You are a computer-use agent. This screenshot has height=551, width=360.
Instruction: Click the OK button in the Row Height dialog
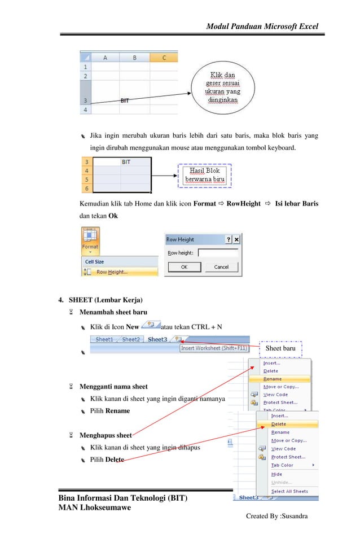[184, 267]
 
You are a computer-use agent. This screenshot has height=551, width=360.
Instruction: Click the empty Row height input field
[218, 253]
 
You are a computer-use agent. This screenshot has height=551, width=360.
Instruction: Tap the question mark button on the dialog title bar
[229, 239]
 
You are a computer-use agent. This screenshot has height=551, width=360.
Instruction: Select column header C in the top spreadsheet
[164, 58]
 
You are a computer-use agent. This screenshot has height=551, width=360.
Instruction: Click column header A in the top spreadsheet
[105, 58]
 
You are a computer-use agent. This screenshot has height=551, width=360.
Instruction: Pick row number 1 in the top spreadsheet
[85, 66]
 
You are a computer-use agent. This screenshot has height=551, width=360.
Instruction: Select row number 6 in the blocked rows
[87, 188]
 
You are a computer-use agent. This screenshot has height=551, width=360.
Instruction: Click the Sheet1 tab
[104, 339]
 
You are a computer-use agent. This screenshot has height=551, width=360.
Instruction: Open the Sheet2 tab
[131, 339]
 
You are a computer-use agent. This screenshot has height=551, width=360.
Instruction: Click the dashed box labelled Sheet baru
[280, 349]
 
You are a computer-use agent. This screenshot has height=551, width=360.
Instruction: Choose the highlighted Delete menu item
[279, 423]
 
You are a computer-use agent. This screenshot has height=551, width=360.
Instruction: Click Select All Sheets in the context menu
[289, 491]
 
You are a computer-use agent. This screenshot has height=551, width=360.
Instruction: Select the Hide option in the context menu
[276, 474]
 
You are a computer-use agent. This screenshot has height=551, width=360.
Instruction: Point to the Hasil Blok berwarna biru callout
[205, 175]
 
